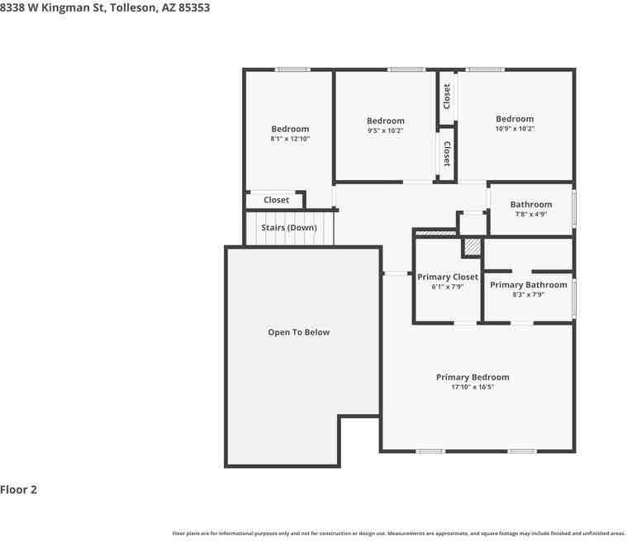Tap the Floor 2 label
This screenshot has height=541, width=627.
[x=19, y=490]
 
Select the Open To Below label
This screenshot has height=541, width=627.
[x=298, y=332]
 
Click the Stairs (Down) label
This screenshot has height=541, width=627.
[x=289, y=227]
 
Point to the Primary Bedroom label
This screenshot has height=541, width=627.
[x=473, y=377]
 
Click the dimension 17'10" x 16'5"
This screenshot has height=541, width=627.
[x=473, y=387]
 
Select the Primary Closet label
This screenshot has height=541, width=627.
[x=448, y=278]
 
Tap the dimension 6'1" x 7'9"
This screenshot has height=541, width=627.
[x=448, y=287]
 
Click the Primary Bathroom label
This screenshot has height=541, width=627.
[x=529, y=285]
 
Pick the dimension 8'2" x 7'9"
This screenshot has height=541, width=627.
[x=529, y=295]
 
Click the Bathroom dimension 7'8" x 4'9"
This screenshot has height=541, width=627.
[x=531, y=215]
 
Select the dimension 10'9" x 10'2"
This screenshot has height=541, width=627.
[x=515, y=129]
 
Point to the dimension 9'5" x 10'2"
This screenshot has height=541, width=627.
[x=386, y=131]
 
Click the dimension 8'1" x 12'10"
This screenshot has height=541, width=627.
[x=290, y=139]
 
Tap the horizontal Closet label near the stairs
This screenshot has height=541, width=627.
[x=277, y=200]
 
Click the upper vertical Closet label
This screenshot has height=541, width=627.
[x=447, y=96]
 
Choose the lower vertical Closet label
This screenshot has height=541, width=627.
[x=447, y=153]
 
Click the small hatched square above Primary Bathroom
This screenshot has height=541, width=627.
[x=472, y=246]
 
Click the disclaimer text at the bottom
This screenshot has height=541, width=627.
[x=398, y=534]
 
